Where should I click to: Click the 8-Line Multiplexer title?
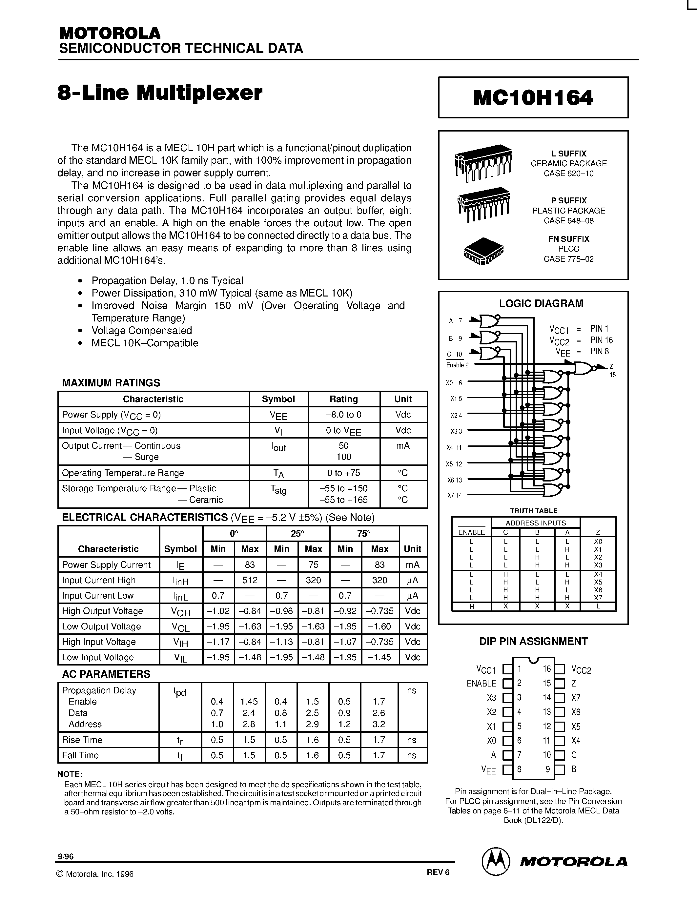[160, 92]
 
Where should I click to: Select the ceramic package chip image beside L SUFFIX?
[483, 162]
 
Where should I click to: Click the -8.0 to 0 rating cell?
[343, 414]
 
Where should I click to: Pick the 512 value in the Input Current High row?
[250, 580]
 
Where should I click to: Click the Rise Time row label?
[82, 740]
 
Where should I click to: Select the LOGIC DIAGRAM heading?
[541, 303]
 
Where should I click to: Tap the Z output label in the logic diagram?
[611, 366]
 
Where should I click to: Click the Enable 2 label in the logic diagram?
[458, 365]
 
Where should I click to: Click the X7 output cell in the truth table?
[598, 598]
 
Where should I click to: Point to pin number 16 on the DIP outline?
[547, 669]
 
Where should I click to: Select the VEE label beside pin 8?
[488, 769]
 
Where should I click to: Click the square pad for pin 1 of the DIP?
[507, 669]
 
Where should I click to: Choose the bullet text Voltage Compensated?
[142, 330]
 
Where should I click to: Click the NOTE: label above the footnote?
[70, 774]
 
